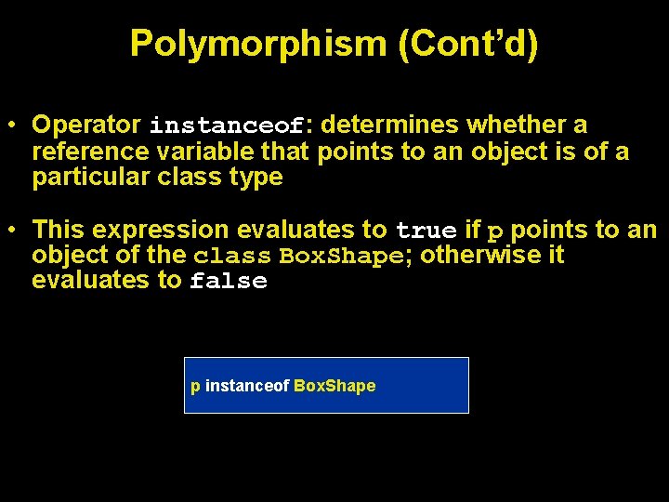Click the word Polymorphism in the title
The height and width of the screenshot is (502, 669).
(258, 43)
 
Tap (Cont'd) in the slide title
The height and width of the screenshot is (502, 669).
(467, 43)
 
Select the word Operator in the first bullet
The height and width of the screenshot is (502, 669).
(85, 124)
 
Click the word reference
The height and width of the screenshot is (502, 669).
(90, 150)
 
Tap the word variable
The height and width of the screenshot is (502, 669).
(203, 150)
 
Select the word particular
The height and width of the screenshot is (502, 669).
(87, 177)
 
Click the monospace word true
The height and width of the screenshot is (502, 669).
(426, 231)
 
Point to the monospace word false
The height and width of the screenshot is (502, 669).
(228, 282)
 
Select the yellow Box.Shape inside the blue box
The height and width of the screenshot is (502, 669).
(334, 386)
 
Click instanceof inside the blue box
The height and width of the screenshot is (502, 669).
(246, 386)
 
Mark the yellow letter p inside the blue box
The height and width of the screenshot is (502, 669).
(195, 387)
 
